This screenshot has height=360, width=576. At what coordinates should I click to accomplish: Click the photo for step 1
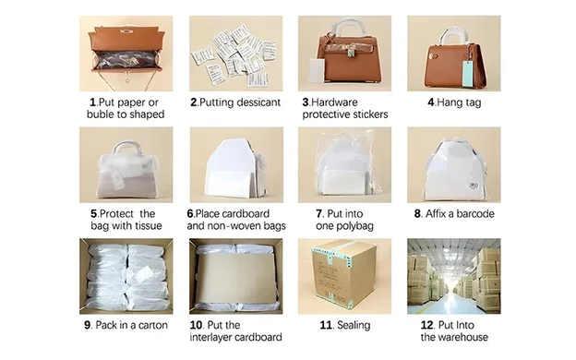[x=126, y=54]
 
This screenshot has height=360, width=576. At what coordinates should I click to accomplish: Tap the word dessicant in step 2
[x=247, y=102]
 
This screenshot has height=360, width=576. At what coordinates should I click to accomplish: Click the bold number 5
[x=94, y=214]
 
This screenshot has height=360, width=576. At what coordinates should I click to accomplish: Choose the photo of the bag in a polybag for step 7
[x=344, y=165]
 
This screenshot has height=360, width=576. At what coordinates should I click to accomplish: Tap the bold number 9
[x=88, y=325]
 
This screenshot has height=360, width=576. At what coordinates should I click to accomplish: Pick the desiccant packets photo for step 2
[x=235, y=54]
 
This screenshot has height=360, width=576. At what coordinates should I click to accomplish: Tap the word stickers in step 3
[x=363, y=114]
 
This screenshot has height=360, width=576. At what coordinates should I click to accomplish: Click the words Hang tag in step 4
[x=462, y=102]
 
